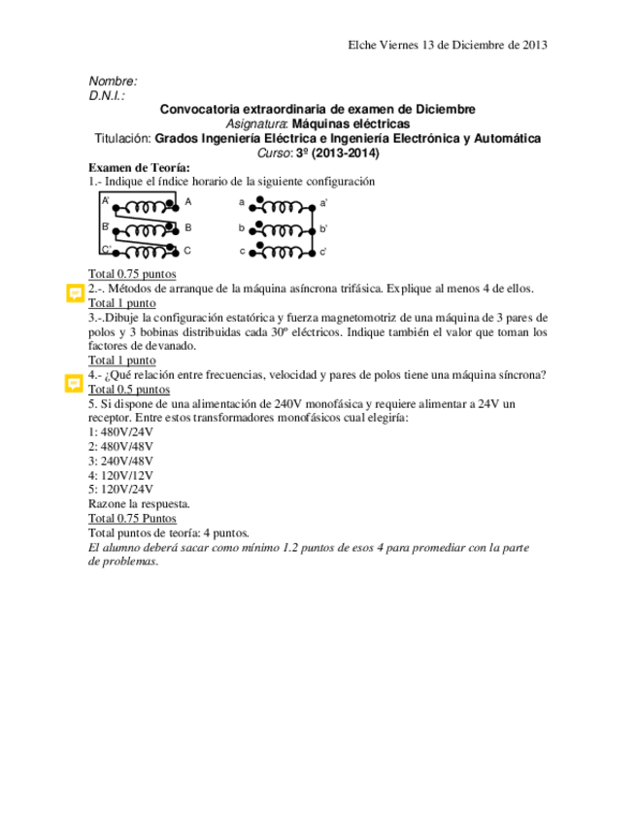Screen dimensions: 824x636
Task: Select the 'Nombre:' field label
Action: point(113,82)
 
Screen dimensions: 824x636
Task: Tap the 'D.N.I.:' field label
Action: point(107,95)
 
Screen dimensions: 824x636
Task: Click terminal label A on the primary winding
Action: point(188,202)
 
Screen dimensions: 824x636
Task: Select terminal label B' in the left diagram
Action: point(106,226)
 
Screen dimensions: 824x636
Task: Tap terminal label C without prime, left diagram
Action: point(188,251)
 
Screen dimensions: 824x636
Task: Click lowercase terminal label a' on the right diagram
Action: point(324,203)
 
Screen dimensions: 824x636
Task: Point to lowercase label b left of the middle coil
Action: point(242,227)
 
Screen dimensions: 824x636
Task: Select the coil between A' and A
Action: point(144,205)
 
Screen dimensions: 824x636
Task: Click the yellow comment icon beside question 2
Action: point(73,292)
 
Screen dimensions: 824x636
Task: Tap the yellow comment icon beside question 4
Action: point(73,384)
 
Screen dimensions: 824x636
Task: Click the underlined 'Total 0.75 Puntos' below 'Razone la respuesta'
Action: point(133,518)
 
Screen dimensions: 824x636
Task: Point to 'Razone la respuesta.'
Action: point(139,503)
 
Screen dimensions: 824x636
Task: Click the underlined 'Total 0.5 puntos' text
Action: point(129,389)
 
